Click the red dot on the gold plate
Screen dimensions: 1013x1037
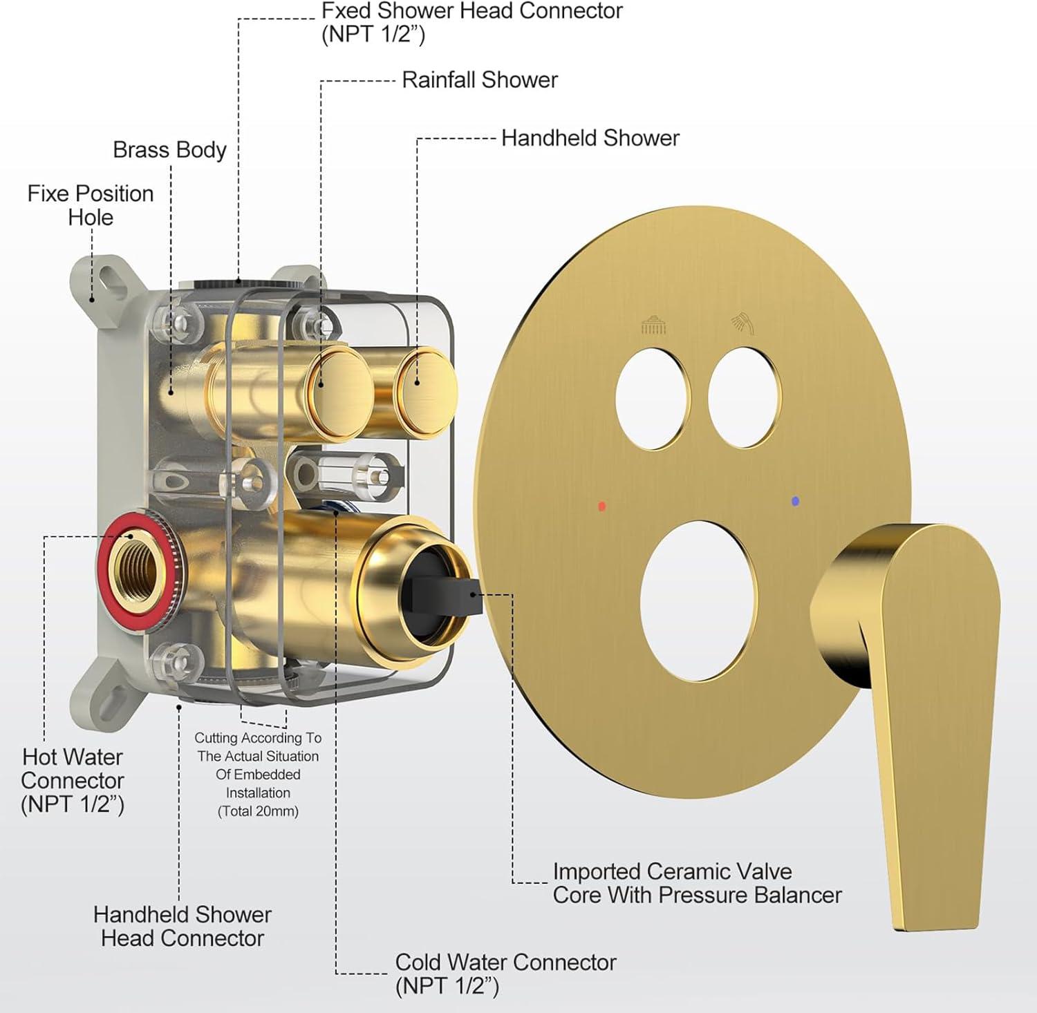tap(602, 506)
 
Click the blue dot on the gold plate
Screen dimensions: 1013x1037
tap(795, 501)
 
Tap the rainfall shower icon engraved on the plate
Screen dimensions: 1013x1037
tap(654, 324)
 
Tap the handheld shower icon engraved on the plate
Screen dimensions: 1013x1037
tap(743, 322)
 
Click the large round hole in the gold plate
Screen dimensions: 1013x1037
tap(698, 599)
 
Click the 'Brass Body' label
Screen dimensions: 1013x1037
tap(169, 150)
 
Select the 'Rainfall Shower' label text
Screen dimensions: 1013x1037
tap(480, 80)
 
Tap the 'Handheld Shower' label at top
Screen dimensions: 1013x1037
tap(590, 138)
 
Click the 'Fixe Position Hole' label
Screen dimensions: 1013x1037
tap(91, 205)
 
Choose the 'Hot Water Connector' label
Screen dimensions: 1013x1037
tap(73, 780)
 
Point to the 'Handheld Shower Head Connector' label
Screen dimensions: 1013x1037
tap(183, 926)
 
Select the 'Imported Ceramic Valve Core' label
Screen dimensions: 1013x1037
tap(697, 883)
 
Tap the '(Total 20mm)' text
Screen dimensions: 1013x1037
tap(258, 811)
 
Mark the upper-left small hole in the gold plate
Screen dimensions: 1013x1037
tap(653, 399)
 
